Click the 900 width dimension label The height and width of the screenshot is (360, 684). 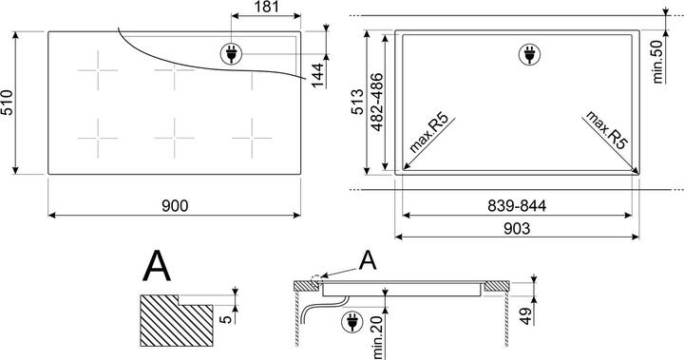click(x=175, y=205)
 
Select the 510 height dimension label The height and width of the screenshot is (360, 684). click(x=8, y=103)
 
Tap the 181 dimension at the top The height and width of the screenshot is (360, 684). click(x=266, y=7)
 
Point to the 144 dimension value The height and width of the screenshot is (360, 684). click(x=318, y=75)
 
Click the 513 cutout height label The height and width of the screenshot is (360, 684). click(x=357, y=102)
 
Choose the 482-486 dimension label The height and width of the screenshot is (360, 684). click(x=376, y=102)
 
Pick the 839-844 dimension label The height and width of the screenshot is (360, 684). click(x=517, y=205)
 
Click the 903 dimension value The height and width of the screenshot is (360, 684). click(x=517, y=228)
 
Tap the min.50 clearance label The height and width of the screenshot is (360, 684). click(x=657, y=61)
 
